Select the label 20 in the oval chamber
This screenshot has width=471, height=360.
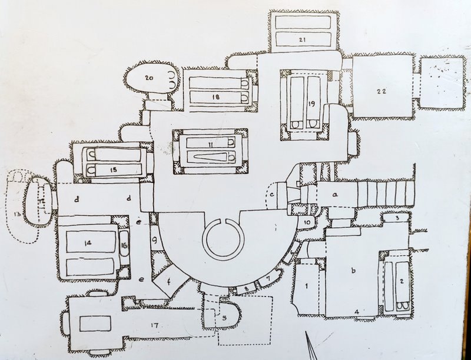tap(149, 78)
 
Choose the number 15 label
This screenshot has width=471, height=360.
tap(114, 169)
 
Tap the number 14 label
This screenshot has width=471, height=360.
tap(90, 241)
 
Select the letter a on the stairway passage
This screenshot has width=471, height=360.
tap(336, 193)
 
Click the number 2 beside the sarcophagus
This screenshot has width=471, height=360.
tap(401, 281)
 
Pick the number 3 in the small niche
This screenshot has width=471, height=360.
tap(398, 218)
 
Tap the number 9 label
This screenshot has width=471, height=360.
tap(154, 240)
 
